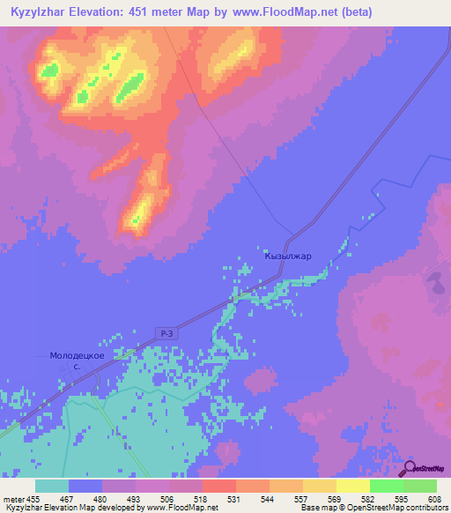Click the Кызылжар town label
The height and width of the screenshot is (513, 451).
[x=288, y=256]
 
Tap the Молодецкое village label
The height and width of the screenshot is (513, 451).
[x=77, y=355]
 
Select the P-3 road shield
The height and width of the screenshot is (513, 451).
[x=169, y=332]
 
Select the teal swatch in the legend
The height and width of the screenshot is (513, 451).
[x=52, y=486]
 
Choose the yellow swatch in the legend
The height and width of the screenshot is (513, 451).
[x=352, y=486]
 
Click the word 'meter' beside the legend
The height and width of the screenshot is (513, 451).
[x=14, y=499]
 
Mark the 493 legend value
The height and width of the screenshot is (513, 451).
[x=135, y=499]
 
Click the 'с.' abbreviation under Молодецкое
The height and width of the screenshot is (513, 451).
[x=77, y=366]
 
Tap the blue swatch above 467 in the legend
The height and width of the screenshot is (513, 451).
[x=85, y=486]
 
